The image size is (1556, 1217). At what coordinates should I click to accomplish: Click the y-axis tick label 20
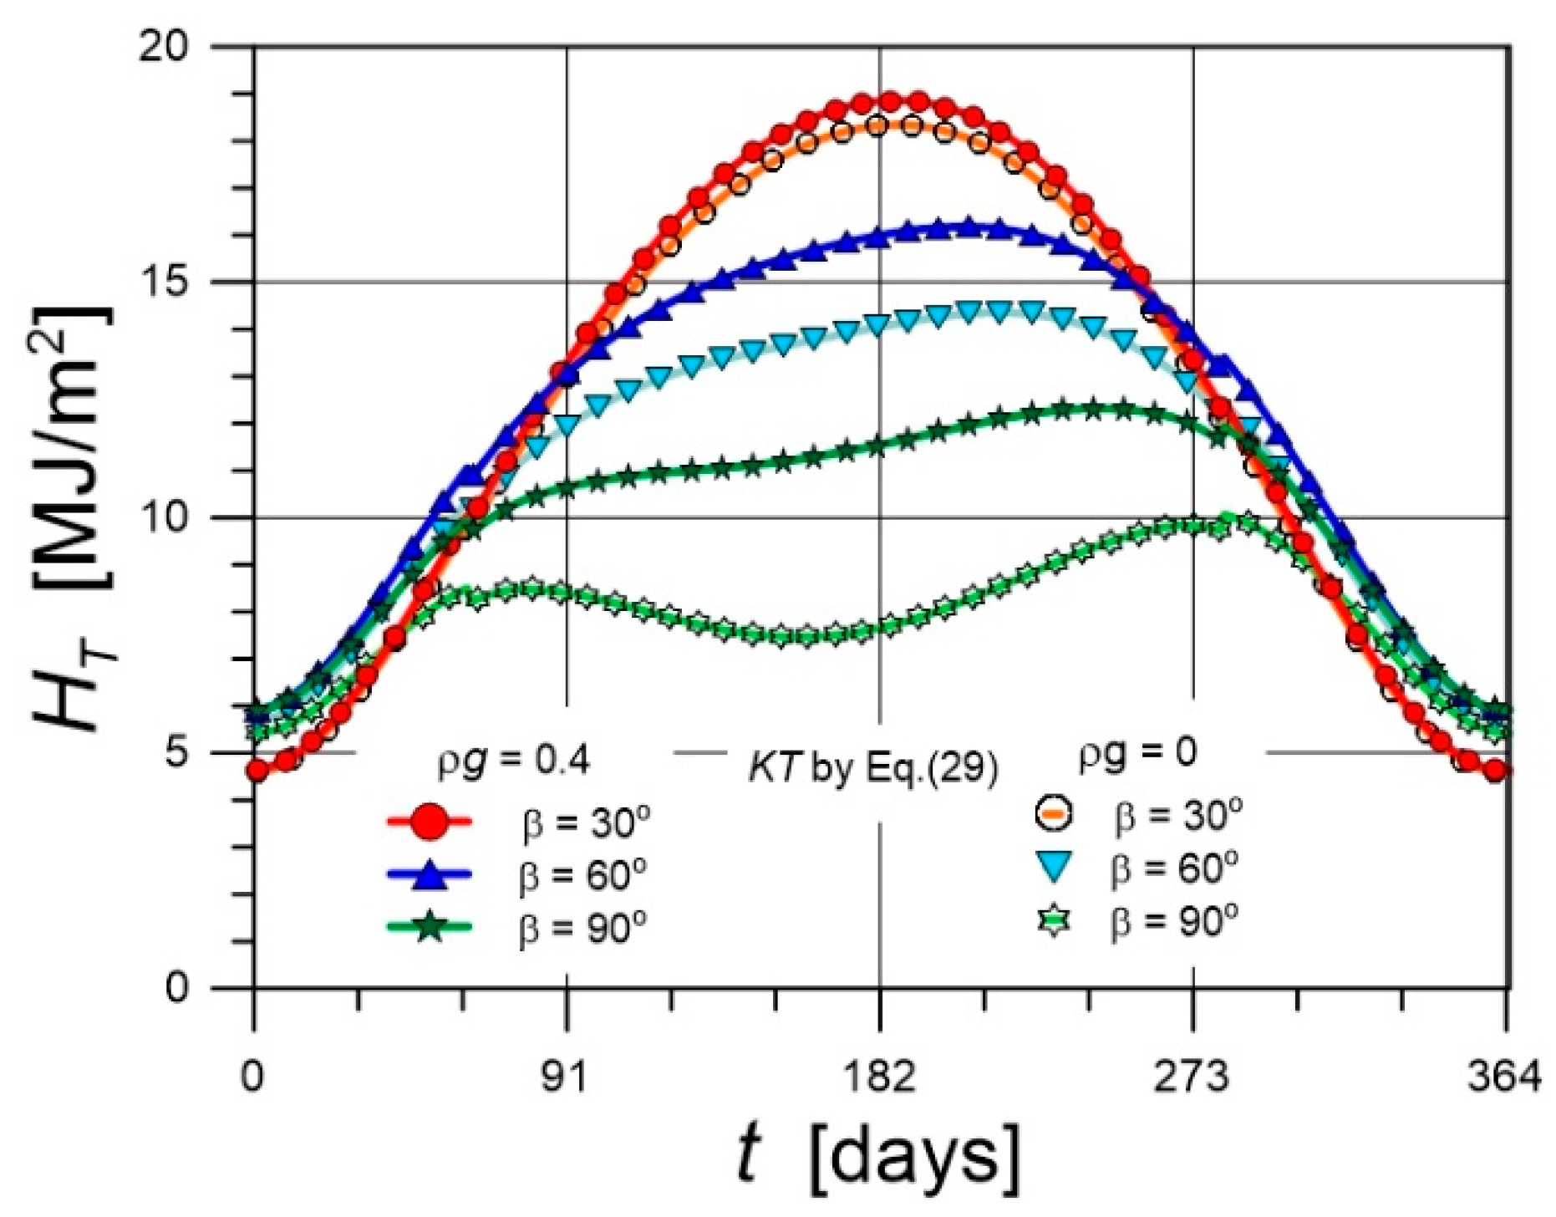165,48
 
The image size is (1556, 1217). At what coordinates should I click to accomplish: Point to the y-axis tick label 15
165,283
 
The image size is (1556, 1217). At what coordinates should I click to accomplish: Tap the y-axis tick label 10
165,518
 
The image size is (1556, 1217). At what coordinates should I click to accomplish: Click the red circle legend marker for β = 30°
430,822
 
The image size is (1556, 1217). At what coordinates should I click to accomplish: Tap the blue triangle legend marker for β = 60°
430,874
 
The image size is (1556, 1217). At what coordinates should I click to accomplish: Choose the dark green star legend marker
430,926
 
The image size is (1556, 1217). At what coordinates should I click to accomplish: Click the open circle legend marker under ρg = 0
1055,813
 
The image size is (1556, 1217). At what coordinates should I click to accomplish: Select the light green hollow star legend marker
1055,922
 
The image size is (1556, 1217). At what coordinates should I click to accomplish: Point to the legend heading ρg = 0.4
514,761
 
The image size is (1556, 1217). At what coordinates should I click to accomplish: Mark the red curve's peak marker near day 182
890,102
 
